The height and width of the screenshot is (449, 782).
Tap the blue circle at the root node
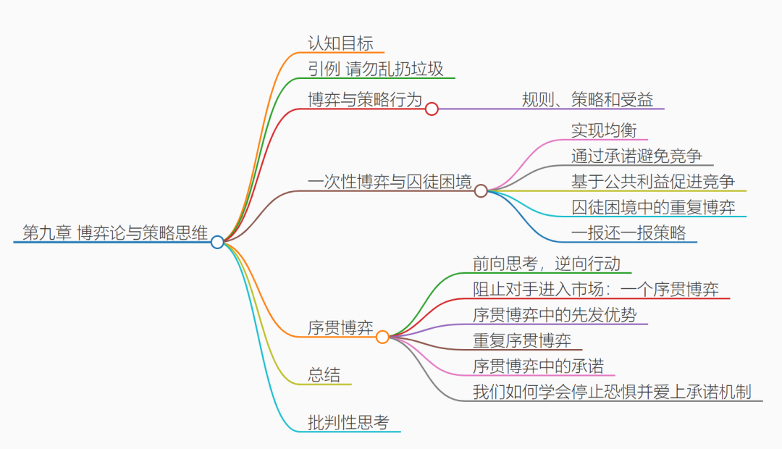[217, 242]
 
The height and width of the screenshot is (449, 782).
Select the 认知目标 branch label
[340, 43]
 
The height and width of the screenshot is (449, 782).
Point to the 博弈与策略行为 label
[365, 99]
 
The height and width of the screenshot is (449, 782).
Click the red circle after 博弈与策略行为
[432, 109]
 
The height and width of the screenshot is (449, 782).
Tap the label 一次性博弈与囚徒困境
[390, 182]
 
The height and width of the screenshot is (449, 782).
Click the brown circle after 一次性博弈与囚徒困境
[481, 191]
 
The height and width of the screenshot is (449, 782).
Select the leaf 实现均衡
[604, 130]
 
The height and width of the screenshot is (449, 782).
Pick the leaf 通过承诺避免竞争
[636, 156]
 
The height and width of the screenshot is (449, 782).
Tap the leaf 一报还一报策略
[628, 232]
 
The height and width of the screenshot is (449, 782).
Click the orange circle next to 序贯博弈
[382, 337]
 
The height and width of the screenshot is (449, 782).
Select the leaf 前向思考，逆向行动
[547, 264]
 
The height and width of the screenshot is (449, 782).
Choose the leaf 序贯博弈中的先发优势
[555, 315]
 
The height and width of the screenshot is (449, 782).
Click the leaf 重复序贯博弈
[522, 340]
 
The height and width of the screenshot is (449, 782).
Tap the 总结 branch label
[324, 374]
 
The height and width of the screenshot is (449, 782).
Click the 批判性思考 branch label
[348, 423]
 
